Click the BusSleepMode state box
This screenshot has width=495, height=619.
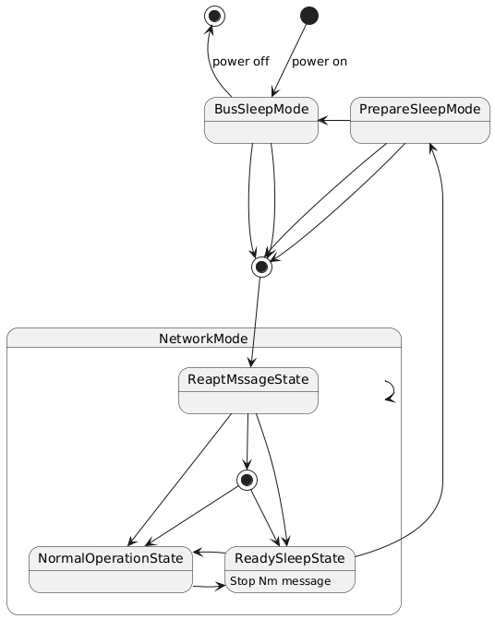pyautogui.click(x=261, y=120)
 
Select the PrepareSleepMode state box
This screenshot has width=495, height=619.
pyautogui.click(x=420, y=120)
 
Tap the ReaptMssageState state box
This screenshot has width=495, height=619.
pyautogui.click(x=248, y=390)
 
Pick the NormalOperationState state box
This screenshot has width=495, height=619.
pyautogui.click(x=111, y=569)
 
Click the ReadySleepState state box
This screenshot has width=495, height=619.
pyautogui.click(x=290, y=569)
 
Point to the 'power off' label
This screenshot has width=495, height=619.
pyautogui.click(x=241, y=62)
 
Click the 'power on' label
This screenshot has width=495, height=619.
pyautogui.click(x=320, y=62)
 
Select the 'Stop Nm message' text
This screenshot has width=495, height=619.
pyautogui.click(x=281, y=581)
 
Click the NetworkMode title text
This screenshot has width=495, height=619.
pyautogui.click(x=203, y=339)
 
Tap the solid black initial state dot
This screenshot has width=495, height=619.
pyautogui.click(x=309, y=16)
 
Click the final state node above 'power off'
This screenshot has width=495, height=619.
pyautogui.click(x=215, y=17)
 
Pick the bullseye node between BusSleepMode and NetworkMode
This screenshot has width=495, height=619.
pyautogui.click(x=261, y=267)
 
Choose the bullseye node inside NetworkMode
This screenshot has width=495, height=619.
pyautogui.click(x=247, y=480)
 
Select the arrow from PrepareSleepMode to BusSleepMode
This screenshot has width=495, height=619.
pyautogui.click(x=334, y=121)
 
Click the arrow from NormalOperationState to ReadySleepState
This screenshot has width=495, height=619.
pyautogui.click(x=209, y=586)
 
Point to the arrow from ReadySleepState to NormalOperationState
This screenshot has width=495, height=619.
pyautogui.click(x=209, y=552)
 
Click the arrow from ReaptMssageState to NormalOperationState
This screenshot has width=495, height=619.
pyautogui.click(x=180, y=480)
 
